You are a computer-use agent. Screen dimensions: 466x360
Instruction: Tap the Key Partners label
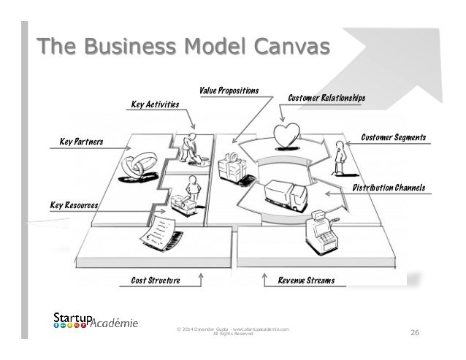(x=81, y=140)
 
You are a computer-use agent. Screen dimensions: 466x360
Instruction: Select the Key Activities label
(x=154, y=105)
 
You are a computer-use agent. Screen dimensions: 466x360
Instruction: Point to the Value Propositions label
(x=229, y=91)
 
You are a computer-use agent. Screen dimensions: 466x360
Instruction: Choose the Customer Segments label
(x=393, y=137)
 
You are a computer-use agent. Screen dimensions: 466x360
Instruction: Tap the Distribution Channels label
(x=389, y=188)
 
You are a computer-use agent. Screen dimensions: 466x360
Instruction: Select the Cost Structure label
(x=155, y=279)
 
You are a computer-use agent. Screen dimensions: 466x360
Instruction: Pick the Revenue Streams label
(x=305, y=279)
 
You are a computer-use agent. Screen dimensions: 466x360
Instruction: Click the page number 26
(x=414, y=334)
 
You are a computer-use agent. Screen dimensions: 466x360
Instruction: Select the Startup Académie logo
(x=95, y=322)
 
